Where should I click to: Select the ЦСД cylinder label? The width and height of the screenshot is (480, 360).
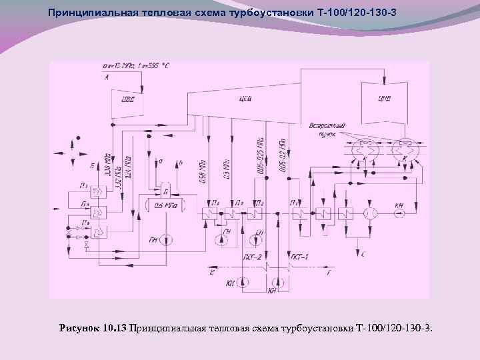click(244, 101)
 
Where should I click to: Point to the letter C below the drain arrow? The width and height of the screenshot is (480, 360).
click(361, 254)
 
